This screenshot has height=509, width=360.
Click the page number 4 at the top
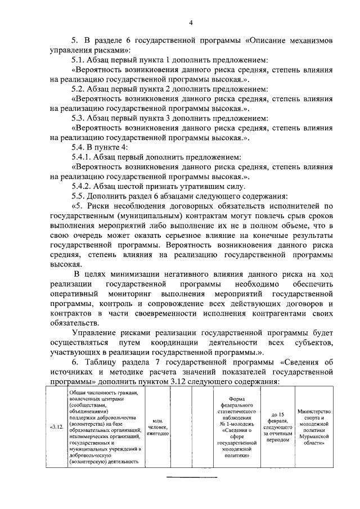click(191, 22)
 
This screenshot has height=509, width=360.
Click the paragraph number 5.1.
click(80, 60)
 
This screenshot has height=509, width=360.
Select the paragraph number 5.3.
click(80, 118)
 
